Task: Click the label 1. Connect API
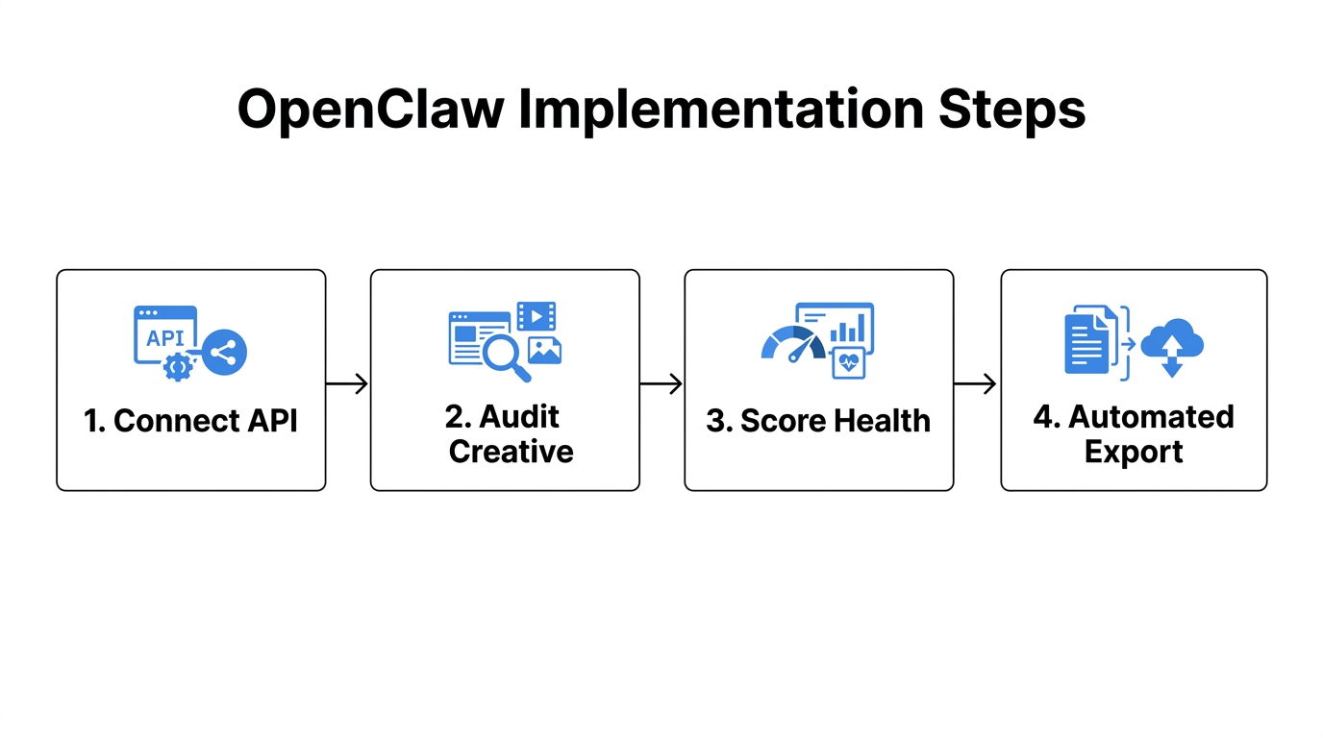coord(191,421)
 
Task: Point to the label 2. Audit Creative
coord(506,434)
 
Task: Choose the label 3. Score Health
coord(818,421)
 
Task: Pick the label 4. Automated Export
coord(1134,434)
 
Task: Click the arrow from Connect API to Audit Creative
coord(347,384)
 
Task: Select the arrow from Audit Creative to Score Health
coord(661,384)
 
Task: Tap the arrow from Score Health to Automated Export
coord(976,384)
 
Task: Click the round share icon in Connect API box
coord(225,353)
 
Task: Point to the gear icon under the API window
coord(177,366)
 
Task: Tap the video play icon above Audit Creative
coord(537,315)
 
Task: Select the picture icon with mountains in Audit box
coord(544,350)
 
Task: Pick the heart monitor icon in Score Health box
coord(848,363)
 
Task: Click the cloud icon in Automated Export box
coord(1172,341)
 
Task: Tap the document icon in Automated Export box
coord(1086,341)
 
